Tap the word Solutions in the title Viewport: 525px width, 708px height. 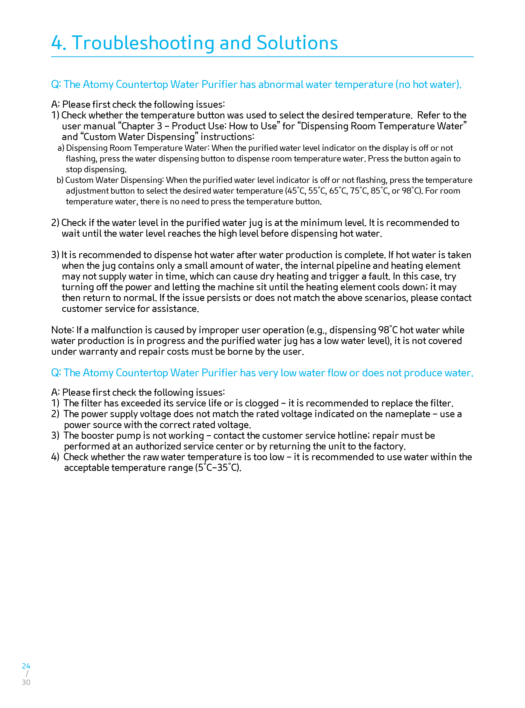(297, 43)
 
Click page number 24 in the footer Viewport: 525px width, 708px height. (26, 666)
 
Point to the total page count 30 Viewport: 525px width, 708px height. (26, 682)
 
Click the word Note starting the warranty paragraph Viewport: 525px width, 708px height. (62, 330)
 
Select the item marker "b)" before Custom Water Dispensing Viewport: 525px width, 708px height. (60, 180)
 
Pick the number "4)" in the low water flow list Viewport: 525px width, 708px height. (55, 457)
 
